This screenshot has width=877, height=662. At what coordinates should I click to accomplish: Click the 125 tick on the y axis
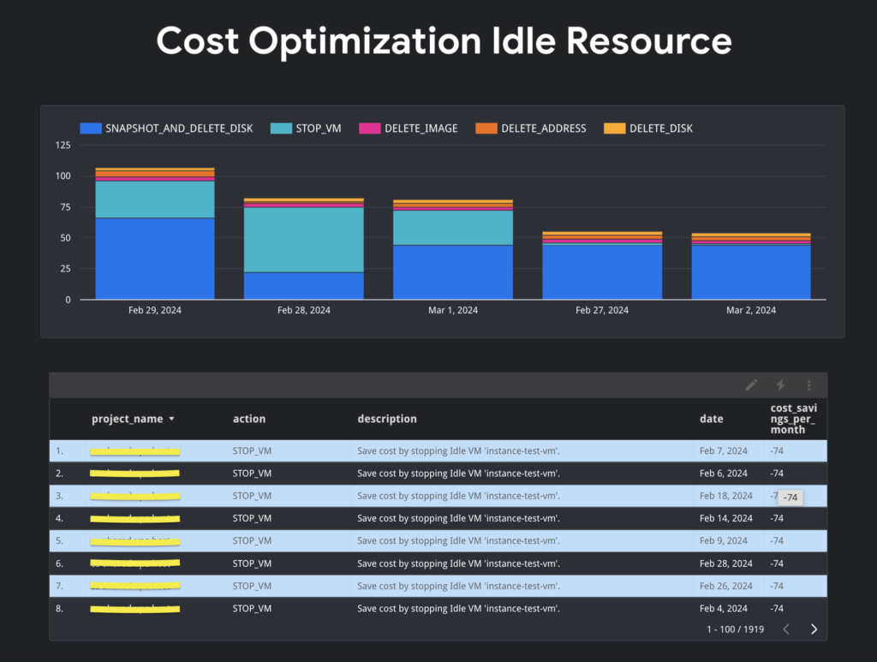click(63, 146)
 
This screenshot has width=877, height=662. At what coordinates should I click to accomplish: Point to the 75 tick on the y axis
click(63, 207)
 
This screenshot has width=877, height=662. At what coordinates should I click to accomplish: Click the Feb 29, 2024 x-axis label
click(155, 310)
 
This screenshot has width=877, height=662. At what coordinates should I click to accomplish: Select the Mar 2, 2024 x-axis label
click(751, 310)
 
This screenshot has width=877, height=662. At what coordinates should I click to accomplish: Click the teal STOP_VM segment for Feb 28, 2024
click(304, 240)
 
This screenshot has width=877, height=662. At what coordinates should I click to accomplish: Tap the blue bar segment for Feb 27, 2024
click(602, 271)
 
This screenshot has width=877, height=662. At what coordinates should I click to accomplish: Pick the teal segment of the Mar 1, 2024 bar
click(453, 228)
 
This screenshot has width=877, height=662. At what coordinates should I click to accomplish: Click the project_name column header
click(128, 419)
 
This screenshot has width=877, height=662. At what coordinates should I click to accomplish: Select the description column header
click(387, 419)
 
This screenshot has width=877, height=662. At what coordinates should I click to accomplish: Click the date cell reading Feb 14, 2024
click(725, 518)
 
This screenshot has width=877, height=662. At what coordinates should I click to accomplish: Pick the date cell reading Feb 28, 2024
click(725, 564)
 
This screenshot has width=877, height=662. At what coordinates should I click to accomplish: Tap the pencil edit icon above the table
click(751, 385)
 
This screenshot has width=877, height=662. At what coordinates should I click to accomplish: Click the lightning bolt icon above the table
click(780, 385)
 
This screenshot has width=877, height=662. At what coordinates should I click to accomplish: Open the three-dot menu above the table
click(809, 385)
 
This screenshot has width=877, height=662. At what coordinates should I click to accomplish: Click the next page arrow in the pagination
click(814, 629)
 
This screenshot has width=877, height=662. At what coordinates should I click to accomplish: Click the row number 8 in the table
click(59, 609)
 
